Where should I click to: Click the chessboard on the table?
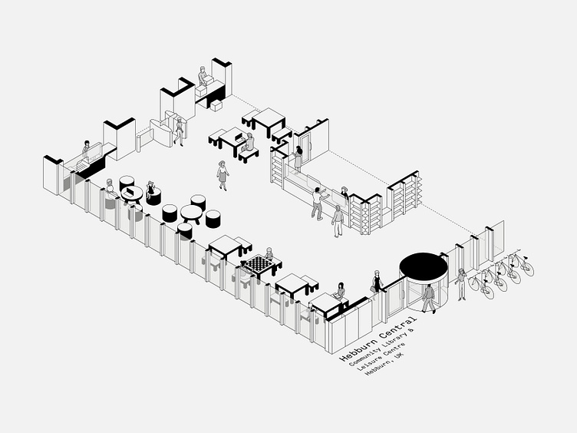pyautogui.click(x=260, y=264)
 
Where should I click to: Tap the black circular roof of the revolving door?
pyautogui.click(x=423, y=266)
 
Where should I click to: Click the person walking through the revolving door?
pyautogui.click(x=428, y=297)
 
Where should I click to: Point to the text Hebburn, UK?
pyautogui.click(x=384, y=361)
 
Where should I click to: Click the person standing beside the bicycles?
pyautogui.click(x=460, y=284)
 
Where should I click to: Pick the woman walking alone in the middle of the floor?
pyautogui.click(x=223, y=175)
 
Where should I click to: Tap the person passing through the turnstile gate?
pyautogui.click(x=179, y=130)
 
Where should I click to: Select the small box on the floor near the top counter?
pyautogui.click(x=216, y=105)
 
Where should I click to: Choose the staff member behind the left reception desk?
pyautogui.click(x=87, y=149)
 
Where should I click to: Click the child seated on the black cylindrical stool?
pyautogui.click(x=151, y=190)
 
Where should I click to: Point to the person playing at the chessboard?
pyautogui.click(x=269, y=256)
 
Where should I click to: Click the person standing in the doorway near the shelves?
pyautogui.click(x=297, y=157)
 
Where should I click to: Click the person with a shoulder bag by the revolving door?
pyautogui.click(x=378, y=282)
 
